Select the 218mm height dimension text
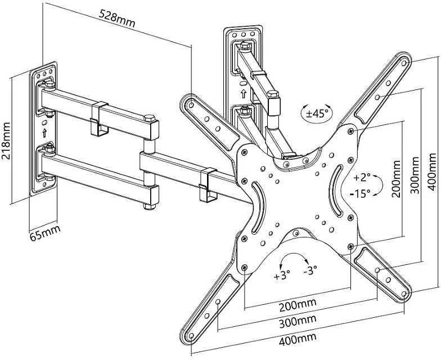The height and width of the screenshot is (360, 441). click(6, 141)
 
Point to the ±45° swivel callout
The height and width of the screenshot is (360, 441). click(317, 112)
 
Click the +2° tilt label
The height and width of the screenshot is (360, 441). click(362, 178)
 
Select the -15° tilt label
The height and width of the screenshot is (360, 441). click(360, 193)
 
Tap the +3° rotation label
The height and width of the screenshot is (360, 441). click(282, 276)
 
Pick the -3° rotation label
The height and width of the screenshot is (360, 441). click(310, 270)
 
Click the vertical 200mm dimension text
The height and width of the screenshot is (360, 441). click(396, 179)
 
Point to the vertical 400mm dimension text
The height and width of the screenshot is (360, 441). click(434, 171)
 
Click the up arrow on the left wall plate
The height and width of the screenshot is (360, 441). click(44, 133)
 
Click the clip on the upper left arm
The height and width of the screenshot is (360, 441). click(100, 119)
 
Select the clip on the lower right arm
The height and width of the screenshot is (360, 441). click(208, 184)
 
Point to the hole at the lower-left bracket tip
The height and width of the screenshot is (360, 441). click(191, 335)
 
